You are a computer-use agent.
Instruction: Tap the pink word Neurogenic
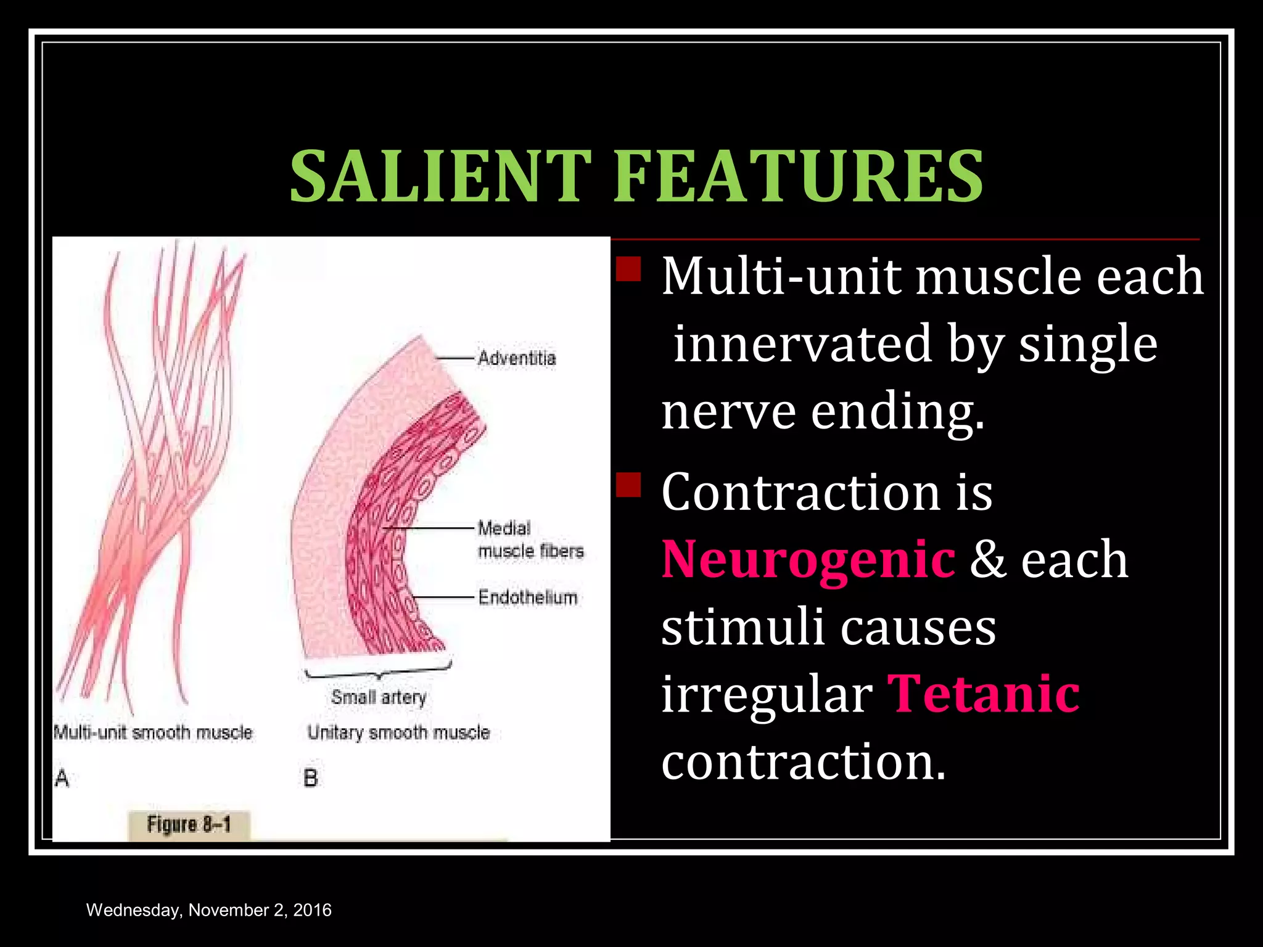(808, 559)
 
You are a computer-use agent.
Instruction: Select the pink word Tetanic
(984, 694)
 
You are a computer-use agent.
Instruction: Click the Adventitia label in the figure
(517, 358)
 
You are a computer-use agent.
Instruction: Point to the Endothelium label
(528, 597)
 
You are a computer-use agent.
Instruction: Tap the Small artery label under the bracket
(379, 697)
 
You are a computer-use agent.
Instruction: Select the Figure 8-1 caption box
(189, 825)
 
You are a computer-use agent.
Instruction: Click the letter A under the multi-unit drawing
(62, 779)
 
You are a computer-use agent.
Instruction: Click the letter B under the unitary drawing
(311, 779)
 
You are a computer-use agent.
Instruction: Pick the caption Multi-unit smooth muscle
(153, 732)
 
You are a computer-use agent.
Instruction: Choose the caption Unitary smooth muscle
(398, 732)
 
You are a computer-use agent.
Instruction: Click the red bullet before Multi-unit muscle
(628, 269)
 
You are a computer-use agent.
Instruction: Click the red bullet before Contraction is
(628, 485)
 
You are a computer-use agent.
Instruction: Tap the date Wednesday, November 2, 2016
(208, 910)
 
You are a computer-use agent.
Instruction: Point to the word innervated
(802, 344)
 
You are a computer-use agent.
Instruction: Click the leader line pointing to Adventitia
(455, 358)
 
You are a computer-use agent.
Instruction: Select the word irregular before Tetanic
(767, 694)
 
